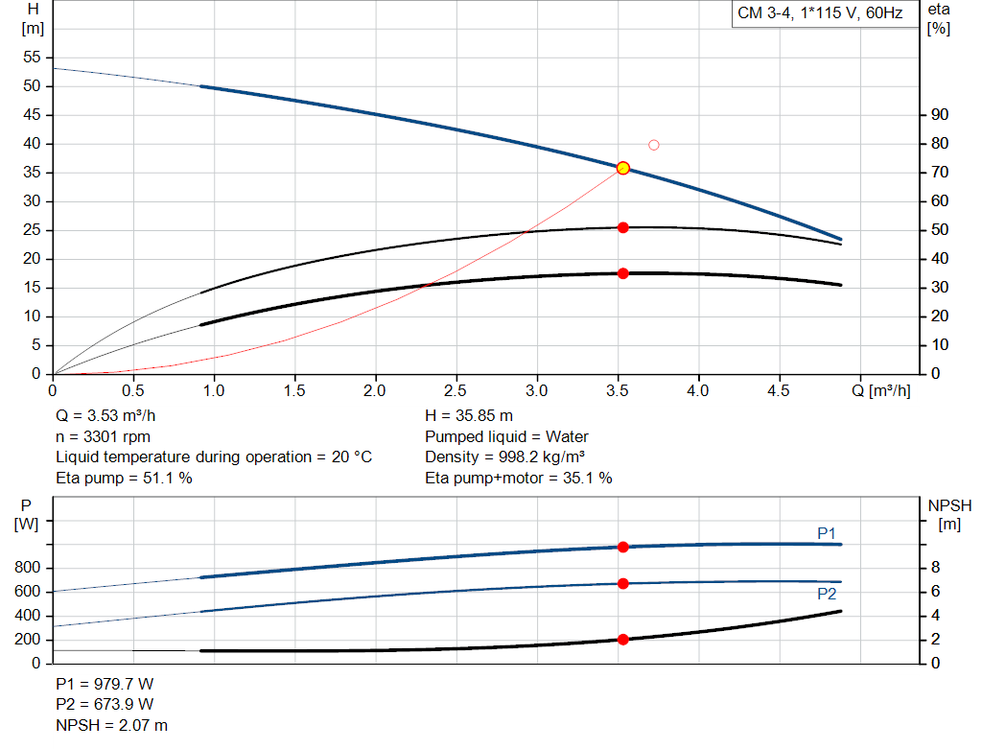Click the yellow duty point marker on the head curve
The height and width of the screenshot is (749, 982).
(622, 168)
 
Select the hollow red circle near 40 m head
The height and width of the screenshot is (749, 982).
(654, 145)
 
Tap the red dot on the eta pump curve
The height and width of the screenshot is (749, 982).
(622, 227)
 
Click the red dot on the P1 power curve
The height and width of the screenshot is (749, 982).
(622, 547)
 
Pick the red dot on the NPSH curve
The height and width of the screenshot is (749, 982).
(622, 640)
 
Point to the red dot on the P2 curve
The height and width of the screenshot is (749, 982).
(622, 583)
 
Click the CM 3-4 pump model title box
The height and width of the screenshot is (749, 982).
(819, 14)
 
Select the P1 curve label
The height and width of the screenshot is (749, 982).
(827, 533)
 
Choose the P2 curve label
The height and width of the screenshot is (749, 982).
(827, 595)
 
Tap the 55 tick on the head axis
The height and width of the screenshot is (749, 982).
(33, 58)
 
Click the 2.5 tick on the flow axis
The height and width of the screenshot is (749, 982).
(456, 391)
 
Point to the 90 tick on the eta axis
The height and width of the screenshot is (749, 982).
(940, 115)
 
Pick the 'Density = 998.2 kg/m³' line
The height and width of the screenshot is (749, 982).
(504, 457)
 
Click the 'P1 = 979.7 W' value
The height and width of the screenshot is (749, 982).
(105, 686)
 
